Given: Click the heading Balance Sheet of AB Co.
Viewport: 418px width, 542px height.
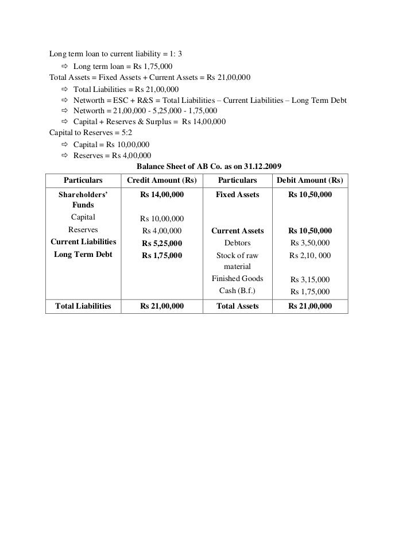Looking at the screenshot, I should (208, 166).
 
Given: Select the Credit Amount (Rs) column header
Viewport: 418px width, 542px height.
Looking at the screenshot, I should (162, 180).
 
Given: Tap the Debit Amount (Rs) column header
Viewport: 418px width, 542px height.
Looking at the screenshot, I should (310, 180).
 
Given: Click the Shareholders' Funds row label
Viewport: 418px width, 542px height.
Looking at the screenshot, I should (83, 200).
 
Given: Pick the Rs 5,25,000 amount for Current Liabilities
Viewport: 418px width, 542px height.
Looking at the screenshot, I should (162, 243).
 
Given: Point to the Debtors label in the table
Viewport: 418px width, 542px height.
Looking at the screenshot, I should (237, 243).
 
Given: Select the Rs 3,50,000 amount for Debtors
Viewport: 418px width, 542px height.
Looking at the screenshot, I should (310, 243).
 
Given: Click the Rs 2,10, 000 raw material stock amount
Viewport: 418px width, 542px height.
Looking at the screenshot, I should (310, 256).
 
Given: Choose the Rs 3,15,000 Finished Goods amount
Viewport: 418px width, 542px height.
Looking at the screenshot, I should (310, 279).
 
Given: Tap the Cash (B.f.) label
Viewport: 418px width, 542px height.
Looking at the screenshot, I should (237, 291).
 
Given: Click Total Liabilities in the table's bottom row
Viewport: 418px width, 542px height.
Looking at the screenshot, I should (83, 306).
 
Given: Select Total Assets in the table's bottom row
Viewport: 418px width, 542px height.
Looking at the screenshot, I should (237, 306).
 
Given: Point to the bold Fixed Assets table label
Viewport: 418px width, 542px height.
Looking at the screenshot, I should (237, 195).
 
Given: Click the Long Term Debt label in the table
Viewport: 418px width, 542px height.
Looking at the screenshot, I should (83, 255).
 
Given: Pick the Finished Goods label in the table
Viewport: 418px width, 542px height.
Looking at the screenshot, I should (237, 279).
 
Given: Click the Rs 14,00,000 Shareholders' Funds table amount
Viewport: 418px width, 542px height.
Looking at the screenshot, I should (162, 195).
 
